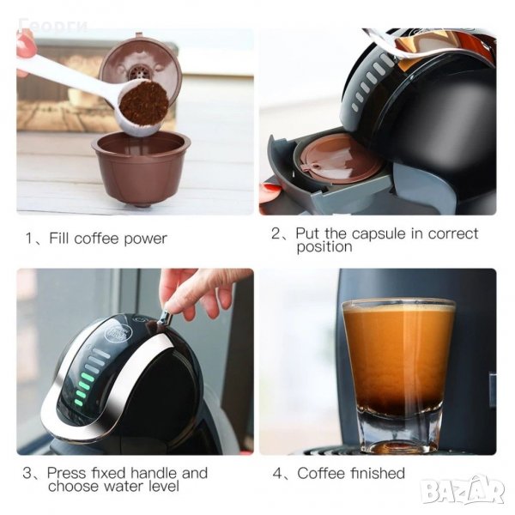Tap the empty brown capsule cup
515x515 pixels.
142,168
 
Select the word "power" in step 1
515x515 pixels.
146,239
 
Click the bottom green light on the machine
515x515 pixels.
78,402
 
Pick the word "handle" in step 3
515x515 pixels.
154,473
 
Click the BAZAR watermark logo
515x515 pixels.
463,490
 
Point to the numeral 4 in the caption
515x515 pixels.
277,474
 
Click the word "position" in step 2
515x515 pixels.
324,247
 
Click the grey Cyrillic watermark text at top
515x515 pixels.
53,24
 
